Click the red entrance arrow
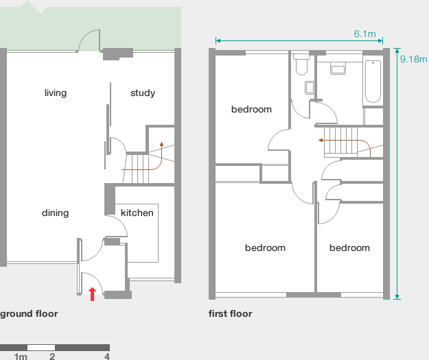92,294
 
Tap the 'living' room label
56,93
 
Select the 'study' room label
143,93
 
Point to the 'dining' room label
55,213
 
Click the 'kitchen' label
137,213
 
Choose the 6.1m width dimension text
364,34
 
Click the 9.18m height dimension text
413,59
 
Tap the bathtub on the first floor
372,82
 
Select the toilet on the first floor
301,65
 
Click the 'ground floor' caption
29,314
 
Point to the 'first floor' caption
231,314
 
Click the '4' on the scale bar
107,357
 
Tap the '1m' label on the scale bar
21,357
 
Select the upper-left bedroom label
251,110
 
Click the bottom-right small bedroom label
349,248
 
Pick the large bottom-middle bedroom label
265,248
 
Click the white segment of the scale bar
41,347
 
